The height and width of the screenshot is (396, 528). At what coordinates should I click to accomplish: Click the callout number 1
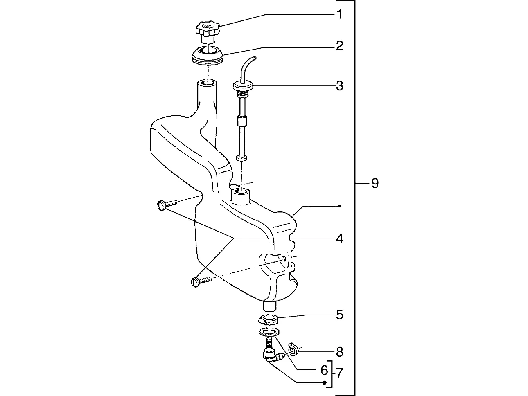pyautogui.click(x=339, y=14)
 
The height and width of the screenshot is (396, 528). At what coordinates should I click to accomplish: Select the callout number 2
pyautogui.click(x=339, y=46)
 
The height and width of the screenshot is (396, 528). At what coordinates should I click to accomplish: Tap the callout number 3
pyautogui.click(x=339, y=85)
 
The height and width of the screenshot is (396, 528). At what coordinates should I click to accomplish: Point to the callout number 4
pyautogui.click(x=339, y=239)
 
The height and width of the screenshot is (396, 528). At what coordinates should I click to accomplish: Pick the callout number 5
pyautogui.click(x=339, y=315)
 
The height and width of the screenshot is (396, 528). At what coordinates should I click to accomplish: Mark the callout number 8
pyautogui.click(x=339, y=352)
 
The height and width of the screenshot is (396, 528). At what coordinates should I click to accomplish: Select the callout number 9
pyautogui.click(x=375, y=183)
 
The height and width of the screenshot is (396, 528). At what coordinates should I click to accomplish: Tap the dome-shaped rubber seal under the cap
pyautogui.click(x=208, y=56)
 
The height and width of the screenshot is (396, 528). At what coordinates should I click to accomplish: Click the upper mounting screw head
pyautogui.click(x=161, y=206)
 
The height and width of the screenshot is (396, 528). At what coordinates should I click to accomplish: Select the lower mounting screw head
pyautogui.click(x=195, y=282)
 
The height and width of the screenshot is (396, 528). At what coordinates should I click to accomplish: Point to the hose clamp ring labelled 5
pyautogui.click(x=269, y=320)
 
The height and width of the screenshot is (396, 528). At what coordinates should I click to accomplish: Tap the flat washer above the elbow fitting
pyautogui.click(x=269, y=332)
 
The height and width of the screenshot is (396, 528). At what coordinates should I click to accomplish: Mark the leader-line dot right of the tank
pyautogui.click(x=340, y=206)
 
